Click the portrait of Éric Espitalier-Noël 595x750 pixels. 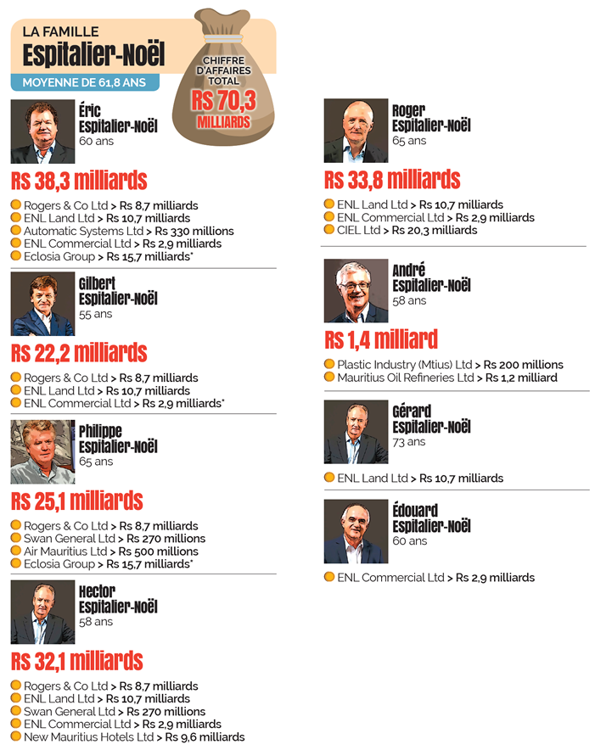click(x=42, y=132)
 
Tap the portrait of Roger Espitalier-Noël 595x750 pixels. click(x=356, y=131)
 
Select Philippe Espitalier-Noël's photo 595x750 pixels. click(x=42, y=451)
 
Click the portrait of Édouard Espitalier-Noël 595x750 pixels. click(x=356, y=532)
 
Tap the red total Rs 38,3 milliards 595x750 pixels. click(x=79, y=180)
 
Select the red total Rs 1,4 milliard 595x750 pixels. click(x=381, y=339)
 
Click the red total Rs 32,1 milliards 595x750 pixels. click(x=76, y=661)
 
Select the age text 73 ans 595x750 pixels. click(x=409, y=442)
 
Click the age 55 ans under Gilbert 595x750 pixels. click(x=96, y=314)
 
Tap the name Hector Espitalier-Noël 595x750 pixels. click(x=118, y=599)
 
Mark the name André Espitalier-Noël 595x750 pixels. click(x=431, y=278)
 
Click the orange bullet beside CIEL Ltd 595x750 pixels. click(x=329, y=230)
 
